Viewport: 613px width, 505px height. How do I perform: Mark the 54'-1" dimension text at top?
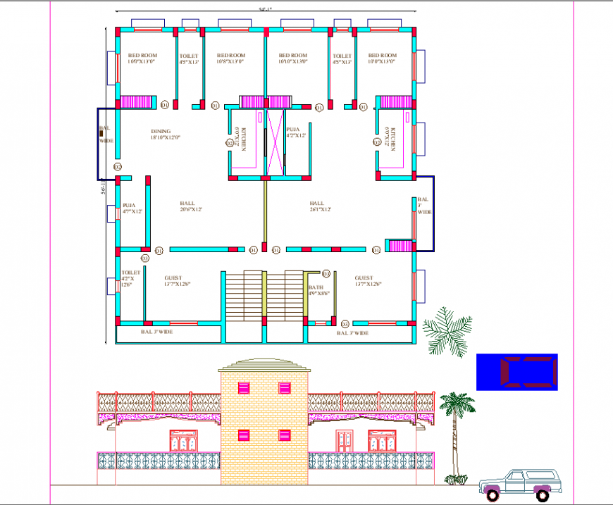click(x=265, y=9)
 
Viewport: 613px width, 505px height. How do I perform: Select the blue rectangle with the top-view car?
click(x=516, y=371)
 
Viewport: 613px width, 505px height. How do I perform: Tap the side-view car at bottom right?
click(x=517, y=483)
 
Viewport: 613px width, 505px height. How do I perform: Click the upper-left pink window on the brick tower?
click(x=244, y=387)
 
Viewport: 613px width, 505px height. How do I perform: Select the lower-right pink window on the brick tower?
click(x=285, y=435)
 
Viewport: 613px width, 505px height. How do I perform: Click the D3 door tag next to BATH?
click(x=326, y=273)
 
